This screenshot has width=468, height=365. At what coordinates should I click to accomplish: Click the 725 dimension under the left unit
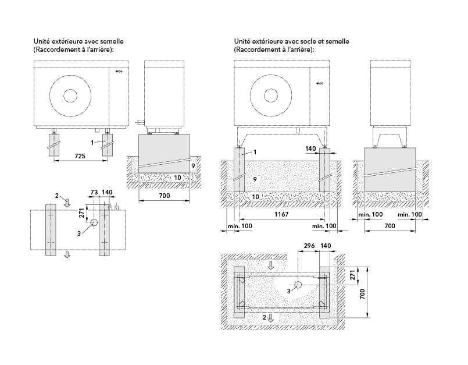[x=80, y=156]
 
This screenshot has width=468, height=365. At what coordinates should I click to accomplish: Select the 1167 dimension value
[x=281, y=214]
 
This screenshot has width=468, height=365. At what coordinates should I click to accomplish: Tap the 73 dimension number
[x=94, y=192]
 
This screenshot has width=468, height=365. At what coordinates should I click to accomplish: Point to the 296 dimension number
[x=309, y=246]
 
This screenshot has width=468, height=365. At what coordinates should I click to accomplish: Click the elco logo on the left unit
[x=119, y=71]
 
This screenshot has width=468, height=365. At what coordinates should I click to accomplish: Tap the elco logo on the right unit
[x=320, y=83]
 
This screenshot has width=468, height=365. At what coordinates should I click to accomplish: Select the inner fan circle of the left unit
[x=70, y=95]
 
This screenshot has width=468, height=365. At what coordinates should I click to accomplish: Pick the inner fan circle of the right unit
[x=270, y=95]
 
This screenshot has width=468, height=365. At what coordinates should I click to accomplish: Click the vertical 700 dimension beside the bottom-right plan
[x=362, y=294]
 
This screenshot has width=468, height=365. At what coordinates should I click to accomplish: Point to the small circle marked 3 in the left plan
[x=94, y=223]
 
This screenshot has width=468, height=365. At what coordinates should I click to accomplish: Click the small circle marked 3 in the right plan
[x=298, y=285]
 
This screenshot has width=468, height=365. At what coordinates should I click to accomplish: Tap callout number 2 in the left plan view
[x=57, y=196]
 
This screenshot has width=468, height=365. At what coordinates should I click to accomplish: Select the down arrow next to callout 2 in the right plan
[x=271, y=317]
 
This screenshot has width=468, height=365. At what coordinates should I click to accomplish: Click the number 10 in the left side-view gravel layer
[x=177, y=178]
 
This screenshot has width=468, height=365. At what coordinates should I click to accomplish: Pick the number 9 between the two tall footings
[x=255, y=179]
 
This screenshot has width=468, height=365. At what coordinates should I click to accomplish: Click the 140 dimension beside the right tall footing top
[x=310, y=148]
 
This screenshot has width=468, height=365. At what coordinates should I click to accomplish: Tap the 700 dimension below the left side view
[x=164, y=196]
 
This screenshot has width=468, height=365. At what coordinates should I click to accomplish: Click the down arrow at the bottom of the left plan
[x=67, y=255]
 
